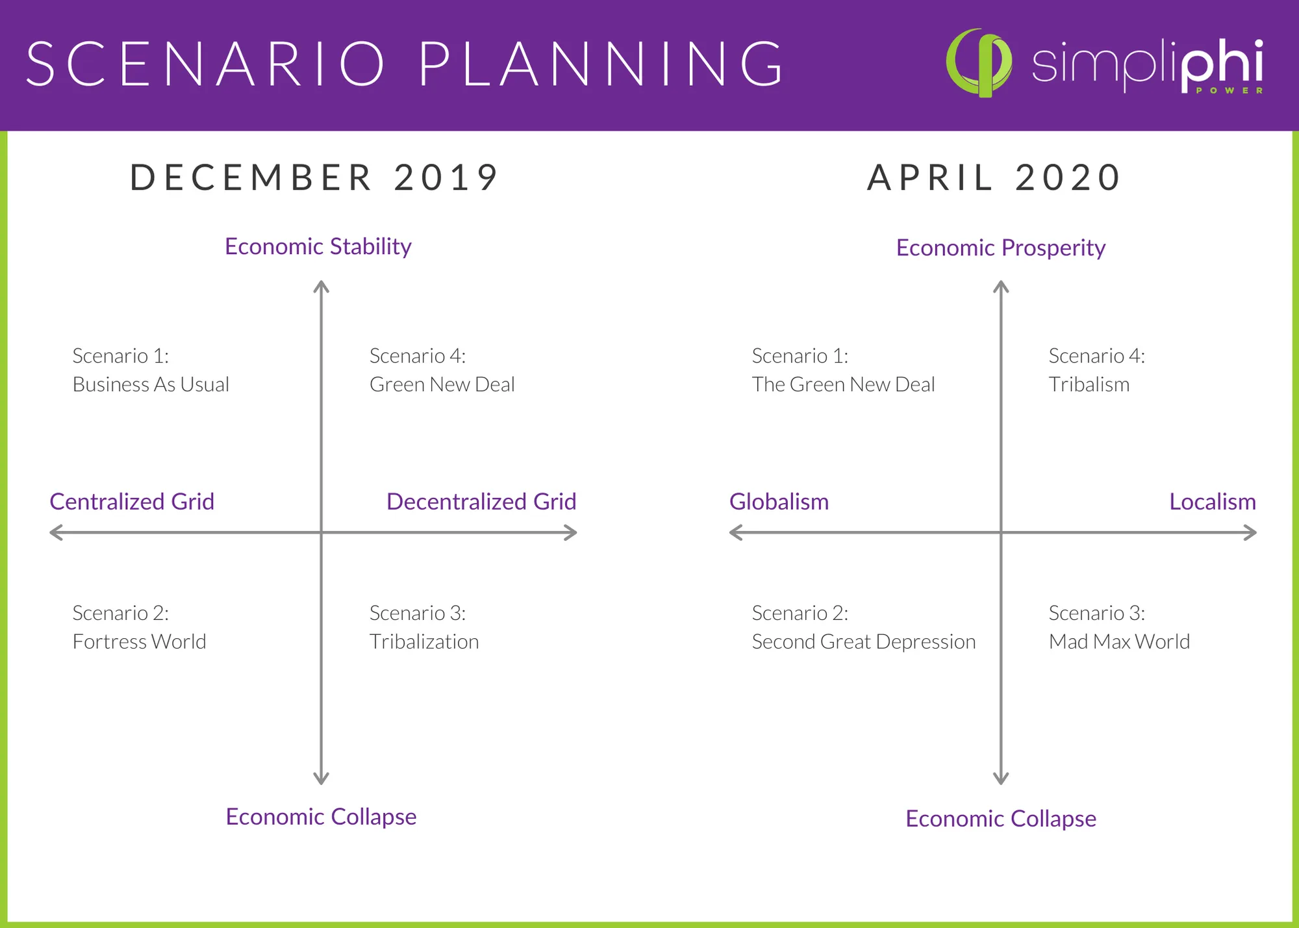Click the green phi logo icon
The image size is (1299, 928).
tap(979, 63)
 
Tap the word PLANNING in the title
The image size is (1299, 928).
tap(602, 64)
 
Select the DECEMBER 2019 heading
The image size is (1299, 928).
tap(314, 177)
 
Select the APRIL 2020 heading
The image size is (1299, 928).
tap(994, 177)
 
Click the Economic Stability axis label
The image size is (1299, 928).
tap(318, 246)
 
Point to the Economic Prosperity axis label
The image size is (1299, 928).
tap(1001, 248)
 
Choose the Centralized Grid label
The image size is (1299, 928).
tap(132, 501)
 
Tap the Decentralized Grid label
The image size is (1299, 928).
tap(481, 501)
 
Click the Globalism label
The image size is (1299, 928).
tap(779, 501)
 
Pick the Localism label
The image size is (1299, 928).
tap(1213, 501)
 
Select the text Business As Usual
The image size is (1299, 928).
tap(151, 384)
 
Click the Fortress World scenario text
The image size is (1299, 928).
tap(139, 641)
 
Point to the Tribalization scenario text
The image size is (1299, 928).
tap(424, 641)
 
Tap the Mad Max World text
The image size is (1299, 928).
tap(1119, 641)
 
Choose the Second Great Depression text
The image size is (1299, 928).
tap(864, 641)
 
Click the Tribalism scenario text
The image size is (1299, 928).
tap(1089, 384)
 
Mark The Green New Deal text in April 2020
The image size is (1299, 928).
tap(843, 384)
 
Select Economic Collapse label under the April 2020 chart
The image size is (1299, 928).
tap(1001, 818)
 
